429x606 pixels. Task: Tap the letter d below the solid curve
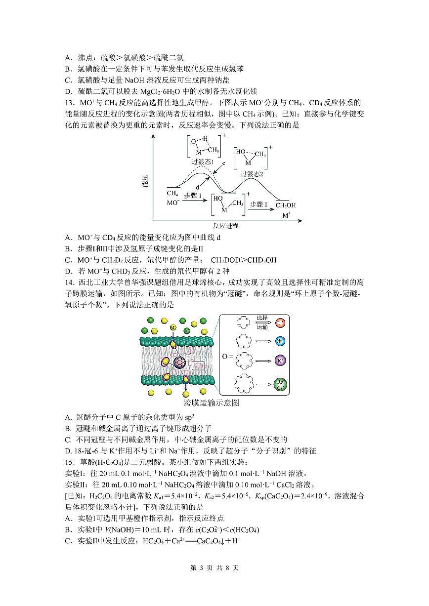pos(197,187)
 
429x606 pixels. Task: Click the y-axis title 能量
pos(145,181)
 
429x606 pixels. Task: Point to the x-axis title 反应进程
pos(225,226)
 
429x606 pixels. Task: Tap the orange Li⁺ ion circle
pos(280,323)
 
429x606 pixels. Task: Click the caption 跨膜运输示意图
pos(211,403)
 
